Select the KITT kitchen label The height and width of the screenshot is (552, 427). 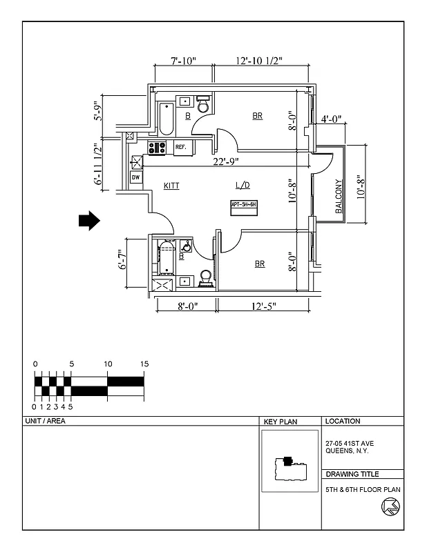pyautogui.click(x=172, y=186)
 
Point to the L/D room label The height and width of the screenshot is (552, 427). pyautogui.click(x=243, y=186)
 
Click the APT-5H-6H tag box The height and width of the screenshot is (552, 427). pyautogui.click(x=244, y=205)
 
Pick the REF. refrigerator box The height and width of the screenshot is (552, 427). pyautogui.click(x=182, y=147)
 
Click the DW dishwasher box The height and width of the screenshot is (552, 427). pyautogui.click(x=136, y=177)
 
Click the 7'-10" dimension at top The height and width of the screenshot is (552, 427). pyautogui.click(x=183, y=61)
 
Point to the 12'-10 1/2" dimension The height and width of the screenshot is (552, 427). pyautogui.click(x=258, y=61)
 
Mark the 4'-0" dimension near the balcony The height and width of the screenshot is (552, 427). pyautogui.click(x=332, y=119)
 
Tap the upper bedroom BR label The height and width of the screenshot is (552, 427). pyautogui.click(x=257, y=116)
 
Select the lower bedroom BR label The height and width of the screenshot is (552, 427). pyautogui.click(x=260, y=264)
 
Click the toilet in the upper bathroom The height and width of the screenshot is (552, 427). pyautogui.click(x=203, y=106)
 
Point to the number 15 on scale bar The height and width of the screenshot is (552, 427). pyautogui.click(x=144, y=364)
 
